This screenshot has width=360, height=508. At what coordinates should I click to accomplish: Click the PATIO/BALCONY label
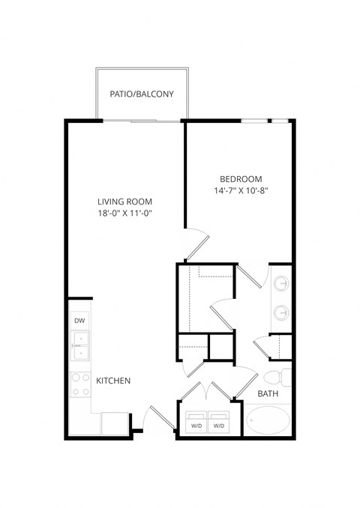pyautogui.click(x=142, y=94)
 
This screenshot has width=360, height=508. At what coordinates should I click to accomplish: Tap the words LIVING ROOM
pyautogui.click(x=125, y=202)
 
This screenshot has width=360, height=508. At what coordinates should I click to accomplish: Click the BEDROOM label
pyautogui.click(x=241, y=178)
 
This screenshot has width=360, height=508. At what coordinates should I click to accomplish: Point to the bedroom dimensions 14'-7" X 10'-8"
pyautogui.click(x=241, y=191)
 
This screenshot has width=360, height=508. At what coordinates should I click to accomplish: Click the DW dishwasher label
pyautogui.click(x=79, y=321)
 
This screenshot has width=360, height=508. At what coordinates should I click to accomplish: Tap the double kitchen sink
pyautogui.click(x=79, y=345)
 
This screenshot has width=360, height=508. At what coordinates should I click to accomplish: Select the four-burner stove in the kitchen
pyautogui.click(x=79, y=384)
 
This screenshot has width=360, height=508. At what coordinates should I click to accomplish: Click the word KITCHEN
pyautogui.click(x=114, y=381)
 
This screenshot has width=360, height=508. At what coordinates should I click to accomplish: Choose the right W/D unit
pyautogui.click(x=219, y=423)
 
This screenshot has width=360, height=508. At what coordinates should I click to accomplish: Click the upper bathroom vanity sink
pyautogui.click(x=281, y=285)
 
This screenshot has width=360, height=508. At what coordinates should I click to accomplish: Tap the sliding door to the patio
pyautogui.click(x=142, y=120)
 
